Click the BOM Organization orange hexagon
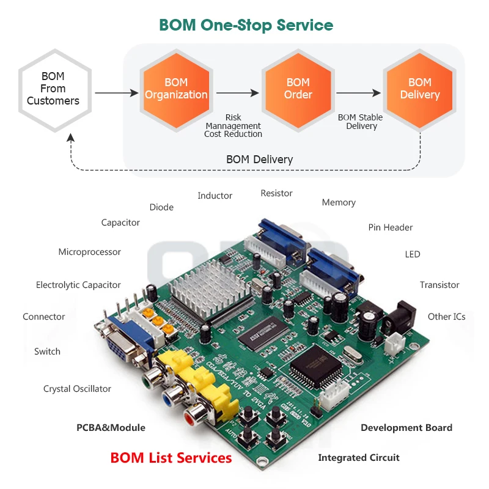point(176,89)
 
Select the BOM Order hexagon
point(298,89)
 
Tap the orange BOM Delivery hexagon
point(419,89)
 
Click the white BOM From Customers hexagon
point(53,89)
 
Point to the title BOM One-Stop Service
point(246,25)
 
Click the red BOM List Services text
point(171,458)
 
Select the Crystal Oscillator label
point(77,389)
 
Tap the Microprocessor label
point(89,252)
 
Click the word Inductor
point(215,196)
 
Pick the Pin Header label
point(390,227)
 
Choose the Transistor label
point(439,285)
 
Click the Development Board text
point(406,428)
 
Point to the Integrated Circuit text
point(359,458)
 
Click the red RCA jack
point(191,419)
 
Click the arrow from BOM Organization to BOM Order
point(237,94)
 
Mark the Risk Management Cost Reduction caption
point(233,125)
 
